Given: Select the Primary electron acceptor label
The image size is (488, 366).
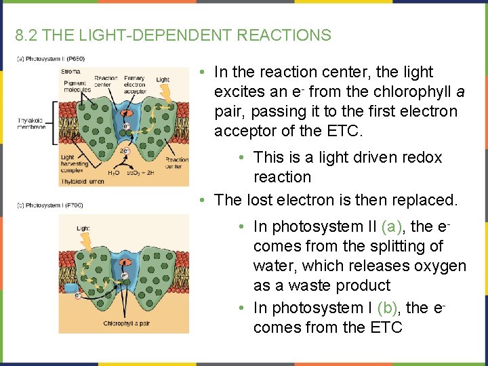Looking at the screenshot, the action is (135, 84).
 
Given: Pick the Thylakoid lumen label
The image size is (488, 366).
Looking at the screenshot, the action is (81, 182).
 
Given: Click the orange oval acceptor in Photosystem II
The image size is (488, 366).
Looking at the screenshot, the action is (126, 113).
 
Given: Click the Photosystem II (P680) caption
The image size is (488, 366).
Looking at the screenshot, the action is (51, 59).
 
